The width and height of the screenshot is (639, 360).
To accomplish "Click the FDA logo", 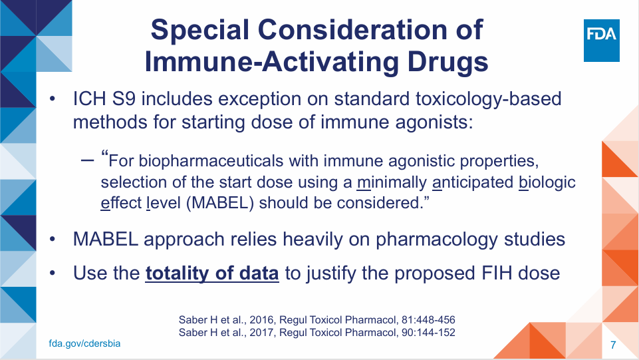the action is (x=602, y=41).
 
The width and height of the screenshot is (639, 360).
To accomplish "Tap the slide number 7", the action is (x=613, y=345).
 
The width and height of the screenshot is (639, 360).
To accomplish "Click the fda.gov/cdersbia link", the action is (x=84, y=343).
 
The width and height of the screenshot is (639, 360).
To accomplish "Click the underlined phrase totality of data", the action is (x=212, y=273).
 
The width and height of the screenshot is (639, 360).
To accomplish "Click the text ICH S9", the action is (x=104, y=99).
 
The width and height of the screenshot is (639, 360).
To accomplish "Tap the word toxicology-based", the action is (x=488, y=99).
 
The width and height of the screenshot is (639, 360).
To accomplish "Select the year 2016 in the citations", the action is (x=261, y=319).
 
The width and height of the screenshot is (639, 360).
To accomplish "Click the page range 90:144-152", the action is (x=428, y=333).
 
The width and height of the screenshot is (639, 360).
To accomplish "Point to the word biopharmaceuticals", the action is (x=211, y=161).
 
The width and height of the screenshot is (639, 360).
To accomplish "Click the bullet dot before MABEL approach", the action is (x=52, y=240).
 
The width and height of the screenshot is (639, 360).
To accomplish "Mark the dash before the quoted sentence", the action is (x=88, y=160).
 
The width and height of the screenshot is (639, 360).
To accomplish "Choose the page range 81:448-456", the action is (x=428, y=319).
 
